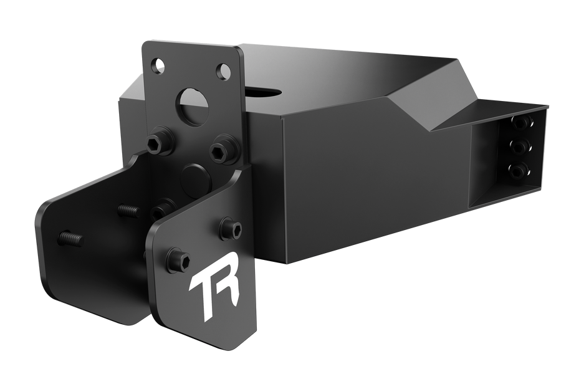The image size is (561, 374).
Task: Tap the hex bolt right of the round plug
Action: [x=221, y=150]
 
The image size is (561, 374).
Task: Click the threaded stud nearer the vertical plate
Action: [x=128, y=210]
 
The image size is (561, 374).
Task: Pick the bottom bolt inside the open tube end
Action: [x=517, y=170]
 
